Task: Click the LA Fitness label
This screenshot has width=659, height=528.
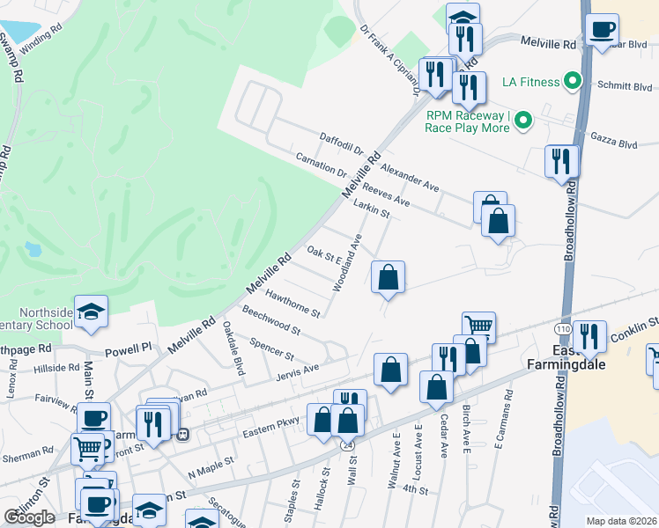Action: (530, 82)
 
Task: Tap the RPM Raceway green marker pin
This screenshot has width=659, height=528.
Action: (523, 119)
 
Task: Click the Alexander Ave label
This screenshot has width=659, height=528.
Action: (410, 174)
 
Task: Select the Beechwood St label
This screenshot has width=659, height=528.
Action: (271, 322)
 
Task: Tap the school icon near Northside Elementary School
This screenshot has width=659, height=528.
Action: (91, 312)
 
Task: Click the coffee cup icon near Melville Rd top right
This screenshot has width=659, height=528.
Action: (603, 30)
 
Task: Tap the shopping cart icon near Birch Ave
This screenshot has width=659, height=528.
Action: (478, 326)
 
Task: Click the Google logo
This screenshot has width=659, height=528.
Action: (29, 517)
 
